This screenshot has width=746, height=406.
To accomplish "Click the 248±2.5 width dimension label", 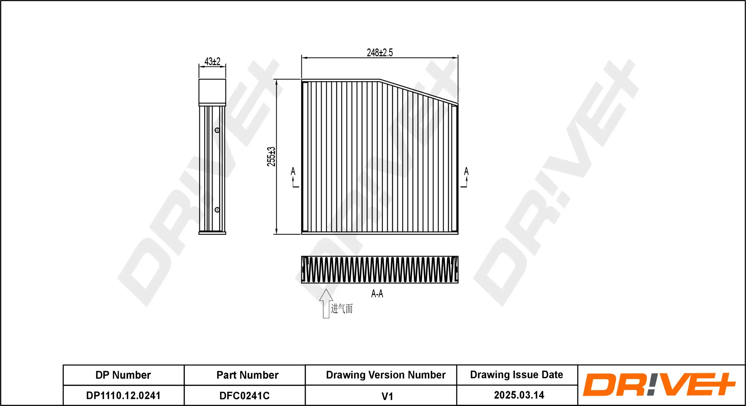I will [x=380, y=53].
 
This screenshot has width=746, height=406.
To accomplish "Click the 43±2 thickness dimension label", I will [x=212, y=62].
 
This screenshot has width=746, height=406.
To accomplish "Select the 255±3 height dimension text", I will [x=271, y=156].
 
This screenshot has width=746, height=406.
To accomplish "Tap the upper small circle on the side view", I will [x=217, y=130].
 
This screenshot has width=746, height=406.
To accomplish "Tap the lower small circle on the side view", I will [x=217, y=210].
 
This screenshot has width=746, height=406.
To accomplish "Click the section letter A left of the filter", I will [x=293, y=171].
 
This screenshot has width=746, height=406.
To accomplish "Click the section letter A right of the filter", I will [x=466, y=171].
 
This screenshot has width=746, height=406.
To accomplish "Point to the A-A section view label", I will [x=377, y=294].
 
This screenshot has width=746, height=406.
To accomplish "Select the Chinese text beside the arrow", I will [x=342, y=309].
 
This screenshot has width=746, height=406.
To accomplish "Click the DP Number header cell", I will [x=123, y=375].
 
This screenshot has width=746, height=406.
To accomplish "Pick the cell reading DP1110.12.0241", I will [x=123, y=396].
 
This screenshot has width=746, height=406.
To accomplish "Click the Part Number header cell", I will [x=247, y=375].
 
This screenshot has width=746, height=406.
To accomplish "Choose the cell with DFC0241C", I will [x=244, y=396].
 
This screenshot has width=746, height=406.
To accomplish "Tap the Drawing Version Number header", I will [x=386, y=375].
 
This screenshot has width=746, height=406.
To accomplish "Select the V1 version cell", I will [x=387, y=396].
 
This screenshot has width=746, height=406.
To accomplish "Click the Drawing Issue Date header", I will [x=517, y=375].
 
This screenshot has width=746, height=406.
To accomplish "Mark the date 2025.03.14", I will [x=519, y=395].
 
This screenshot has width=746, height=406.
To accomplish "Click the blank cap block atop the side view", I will [x=212, y=91].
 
